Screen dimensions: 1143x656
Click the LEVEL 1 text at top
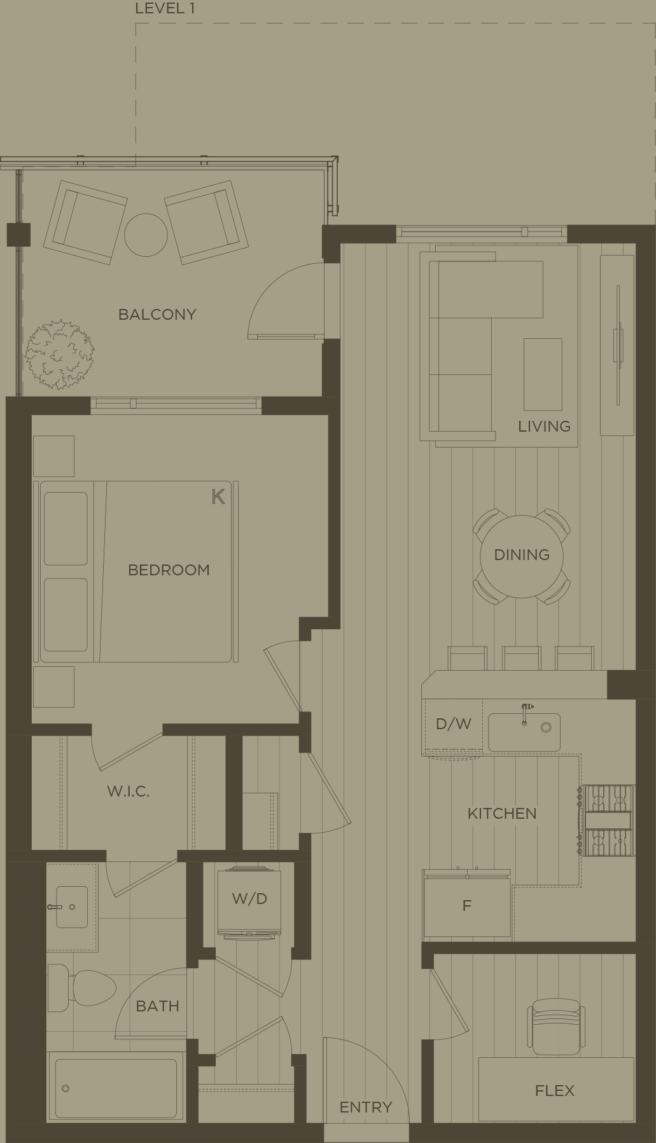(x=165, y=9)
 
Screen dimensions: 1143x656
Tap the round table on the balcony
(x=146, y=235)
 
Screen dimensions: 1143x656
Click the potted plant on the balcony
(x=59, y=354)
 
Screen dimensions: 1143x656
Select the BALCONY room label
(x=157, y=314)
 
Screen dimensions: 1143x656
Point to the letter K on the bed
(x=218, y=496)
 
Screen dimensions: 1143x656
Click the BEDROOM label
(x=169, y=570)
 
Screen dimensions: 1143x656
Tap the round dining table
(x=522, y=556)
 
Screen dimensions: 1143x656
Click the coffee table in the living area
(x=543, y=374)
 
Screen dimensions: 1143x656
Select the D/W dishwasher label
(x=454, y=723)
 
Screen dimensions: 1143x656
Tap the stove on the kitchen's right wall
(x=608, y=820)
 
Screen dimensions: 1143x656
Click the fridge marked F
(x=467, y=906)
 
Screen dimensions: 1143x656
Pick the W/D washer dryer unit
(x=249, y=899)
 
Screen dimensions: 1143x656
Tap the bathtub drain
(x=65, y=1088)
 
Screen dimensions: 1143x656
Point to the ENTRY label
(x=365, y=1107)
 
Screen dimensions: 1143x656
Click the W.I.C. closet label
(x=128, y=791)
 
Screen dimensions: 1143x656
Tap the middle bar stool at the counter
(x=522, y=658)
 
